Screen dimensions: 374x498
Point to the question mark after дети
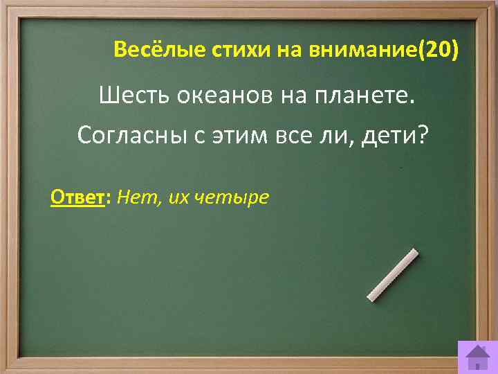coord(423,136)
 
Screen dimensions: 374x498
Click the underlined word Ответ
coord(76,198)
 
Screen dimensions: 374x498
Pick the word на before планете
coord(295,96)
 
